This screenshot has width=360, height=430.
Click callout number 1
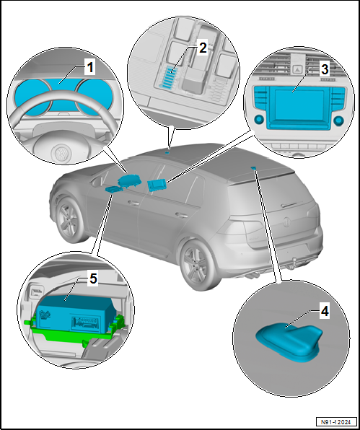coord(89,68)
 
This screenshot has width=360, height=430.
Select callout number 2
coord(202,48)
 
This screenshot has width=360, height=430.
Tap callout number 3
coord(325,69)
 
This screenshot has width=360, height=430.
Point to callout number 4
coord(325,312)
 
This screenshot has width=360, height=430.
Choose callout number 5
coord(93,279)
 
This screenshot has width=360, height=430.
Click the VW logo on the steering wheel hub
coord(60,154)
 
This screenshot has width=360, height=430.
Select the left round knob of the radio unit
coord(259,119)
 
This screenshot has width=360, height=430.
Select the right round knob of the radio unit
coord(339,120)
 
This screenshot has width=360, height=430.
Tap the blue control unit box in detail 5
coord(74,312)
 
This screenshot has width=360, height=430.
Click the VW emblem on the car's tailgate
coord(287,221)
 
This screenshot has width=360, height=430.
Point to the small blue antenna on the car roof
coord(254,168)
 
